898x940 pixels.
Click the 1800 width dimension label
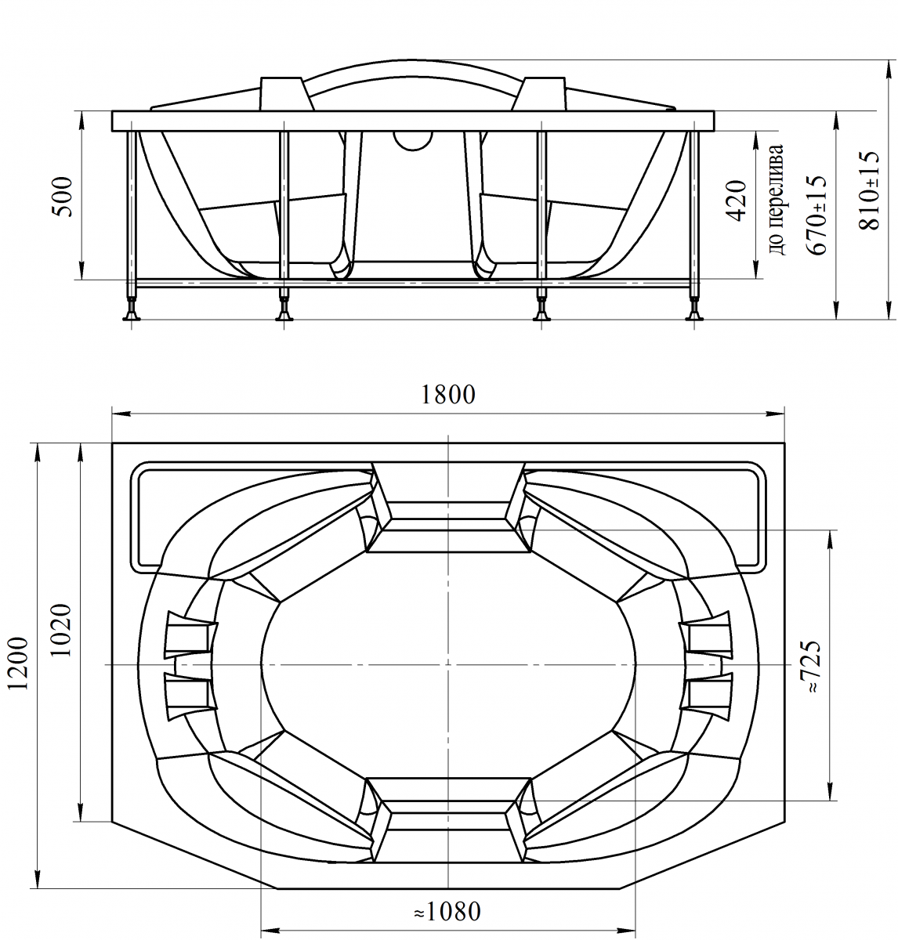[448, 395]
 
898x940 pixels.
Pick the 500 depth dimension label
[63, 197]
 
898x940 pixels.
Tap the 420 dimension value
[736, 201]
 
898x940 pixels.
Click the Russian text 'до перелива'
[776, 200]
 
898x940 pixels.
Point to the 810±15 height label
[868, 190]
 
